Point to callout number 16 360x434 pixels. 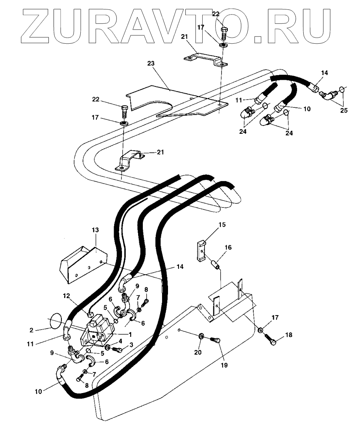[228, 247]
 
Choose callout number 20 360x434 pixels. [198, 352]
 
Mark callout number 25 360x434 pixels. [344, 111]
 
